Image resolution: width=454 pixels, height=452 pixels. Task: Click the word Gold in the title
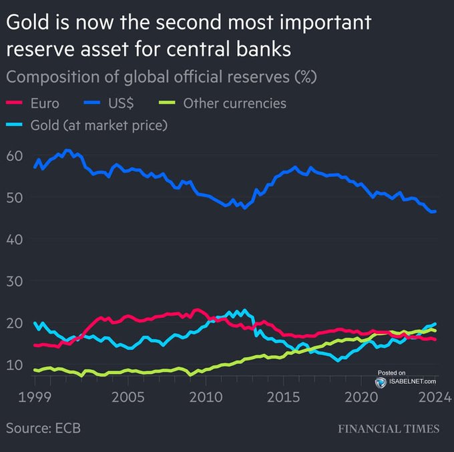[x=26, y=23]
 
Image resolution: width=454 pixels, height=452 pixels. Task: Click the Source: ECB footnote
[x=43, y=428]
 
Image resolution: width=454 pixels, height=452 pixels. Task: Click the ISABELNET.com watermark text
[x=410, y=381]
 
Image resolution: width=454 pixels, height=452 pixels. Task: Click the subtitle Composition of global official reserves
[x=160, y=76]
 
